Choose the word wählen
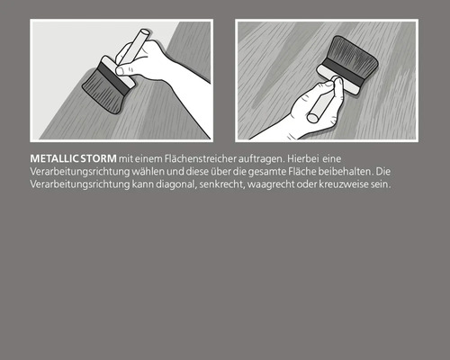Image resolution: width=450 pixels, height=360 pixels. pos(139,170)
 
